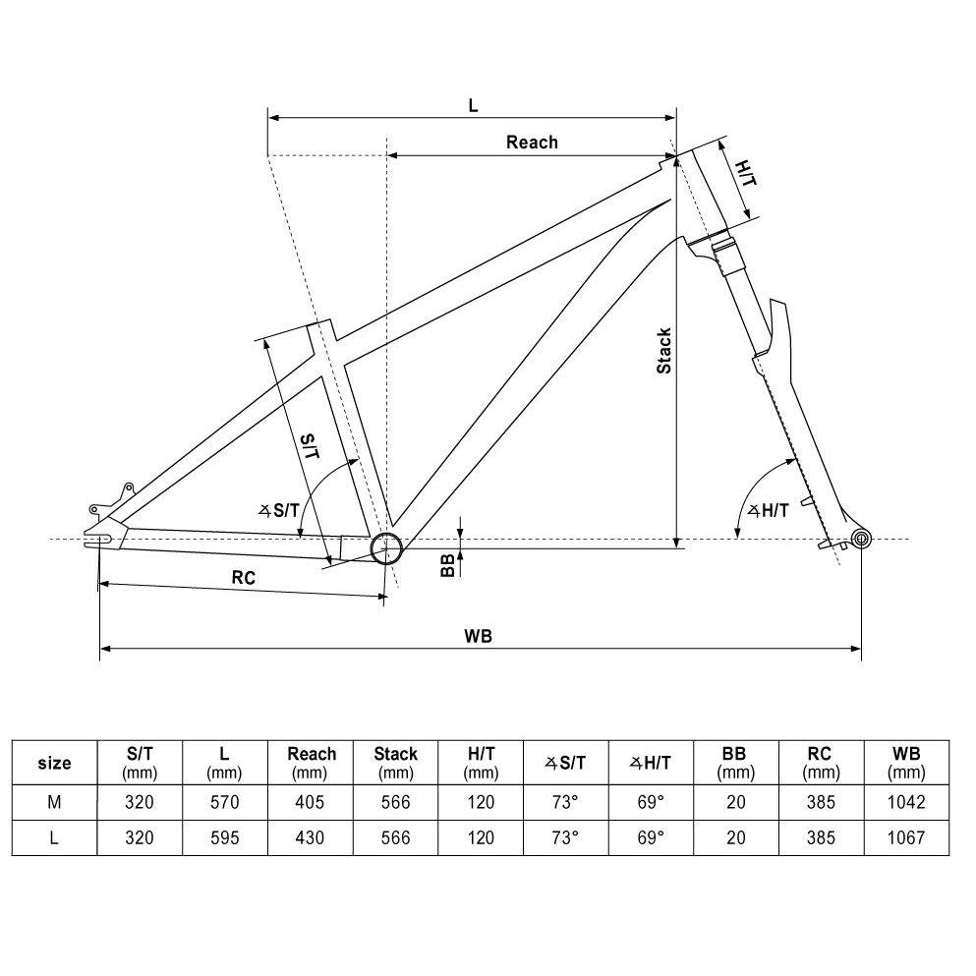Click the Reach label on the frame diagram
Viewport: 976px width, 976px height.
(x=532, y=143)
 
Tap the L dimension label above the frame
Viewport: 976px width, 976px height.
(x=473, y=105)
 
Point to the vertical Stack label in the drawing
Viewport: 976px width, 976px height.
(x=664, y=351)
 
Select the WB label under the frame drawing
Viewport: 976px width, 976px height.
(x=479, y=635)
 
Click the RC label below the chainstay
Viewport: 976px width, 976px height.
(x=244, y=578)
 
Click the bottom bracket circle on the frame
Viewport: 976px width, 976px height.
(x=385, y=547)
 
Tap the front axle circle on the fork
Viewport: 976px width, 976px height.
(x=862, y=538)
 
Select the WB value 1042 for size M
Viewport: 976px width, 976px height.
(x=905, y=802)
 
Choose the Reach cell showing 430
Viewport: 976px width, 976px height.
(x=312, y=838)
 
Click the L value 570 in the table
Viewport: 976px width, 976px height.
(x=224, y=802)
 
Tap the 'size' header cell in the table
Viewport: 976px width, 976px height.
(x=54, y=763)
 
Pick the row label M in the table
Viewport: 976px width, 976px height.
(x=54, y=802)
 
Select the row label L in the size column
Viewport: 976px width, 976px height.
(x=54, y=838)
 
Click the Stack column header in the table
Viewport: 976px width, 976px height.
(x=396, y=762)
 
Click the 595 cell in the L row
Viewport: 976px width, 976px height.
(x=224, y=838)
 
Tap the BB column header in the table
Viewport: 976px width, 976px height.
(x=734, y=762)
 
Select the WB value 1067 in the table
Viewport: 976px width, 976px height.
(x=905, y=838)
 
